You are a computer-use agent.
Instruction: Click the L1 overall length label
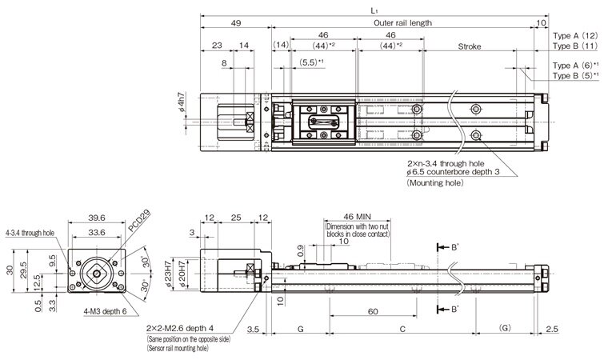coord(374,10)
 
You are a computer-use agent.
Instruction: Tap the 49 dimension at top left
coord(236,23)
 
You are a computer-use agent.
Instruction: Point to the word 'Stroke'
coord(469,47)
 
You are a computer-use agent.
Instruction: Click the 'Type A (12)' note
coord(575,36)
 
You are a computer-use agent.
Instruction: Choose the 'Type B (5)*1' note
coord(575,75)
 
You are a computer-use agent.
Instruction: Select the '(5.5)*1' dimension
coord(311,62)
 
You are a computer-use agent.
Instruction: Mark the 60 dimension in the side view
coord(373,310)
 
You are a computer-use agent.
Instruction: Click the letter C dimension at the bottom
coord(402,329)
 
